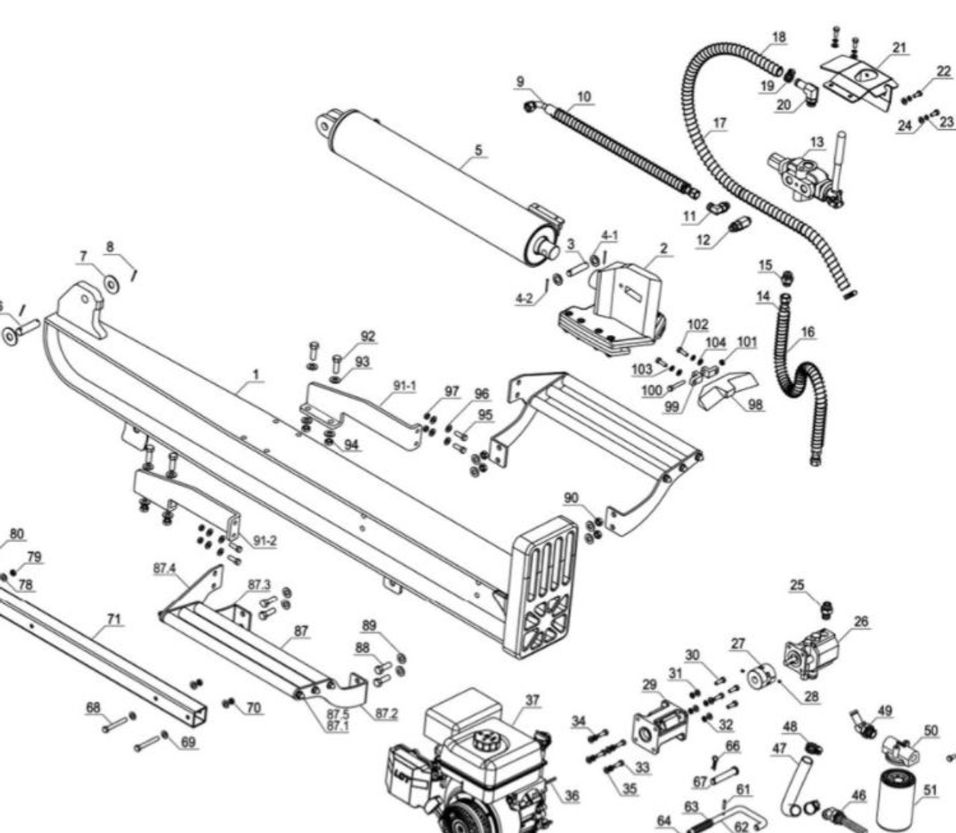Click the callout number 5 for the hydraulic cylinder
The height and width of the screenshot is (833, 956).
coord(478,150)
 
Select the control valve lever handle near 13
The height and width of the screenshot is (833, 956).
coord(841,153)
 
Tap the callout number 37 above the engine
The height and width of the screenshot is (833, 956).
coord(532,700)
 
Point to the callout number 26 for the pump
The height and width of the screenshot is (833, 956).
coord(861,621)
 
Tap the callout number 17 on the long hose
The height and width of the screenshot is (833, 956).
coord(719,123)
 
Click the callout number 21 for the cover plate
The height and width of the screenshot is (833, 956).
coord(899,48)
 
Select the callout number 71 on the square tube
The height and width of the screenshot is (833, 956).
coord(114,619)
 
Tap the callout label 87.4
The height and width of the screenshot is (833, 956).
coord(164,568)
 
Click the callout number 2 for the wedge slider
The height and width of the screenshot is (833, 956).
coord(663,249)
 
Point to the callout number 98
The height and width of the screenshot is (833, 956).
coord(755,405)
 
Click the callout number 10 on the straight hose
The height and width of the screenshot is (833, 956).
coord(584,96)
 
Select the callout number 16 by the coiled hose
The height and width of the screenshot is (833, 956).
coord(807,332)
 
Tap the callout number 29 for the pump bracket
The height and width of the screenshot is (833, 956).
coord(649,684)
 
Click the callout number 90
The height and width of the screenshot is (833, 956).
coord(571,498)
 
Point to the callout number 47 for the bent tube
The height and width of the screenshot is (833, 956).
coord(779,749)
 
